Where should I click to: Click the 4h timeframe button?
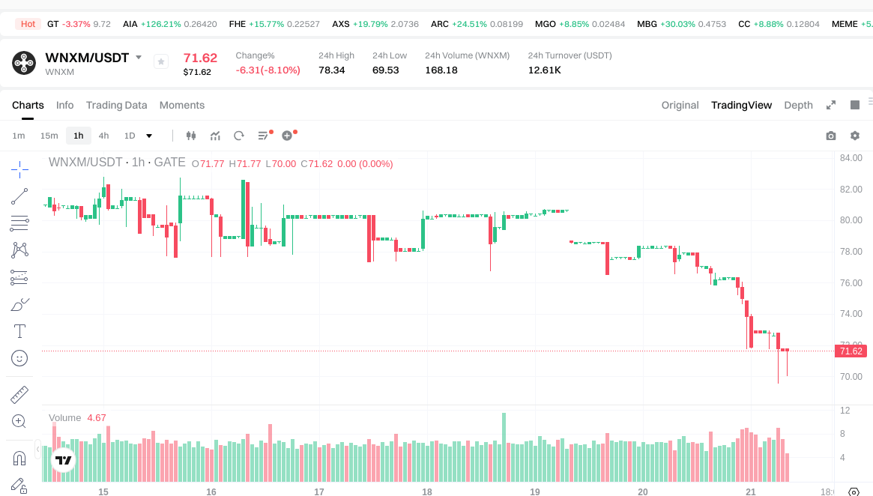[103, 136]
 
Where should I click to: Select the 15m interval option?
[49, 136]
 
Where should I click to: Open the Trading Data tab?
[116, 105]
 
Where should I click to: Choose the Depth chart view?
[798, 105]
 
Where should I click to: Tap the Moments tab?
[182, 105]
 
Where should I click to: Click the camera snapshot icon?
[830, 136]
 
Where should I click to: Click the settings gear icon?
[855, 136]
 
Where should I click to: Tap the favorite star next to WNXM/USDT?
[161, 61]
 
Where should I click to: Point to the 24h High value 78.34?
[331, 70]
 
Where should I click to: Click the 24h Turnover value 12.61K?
[545, 70]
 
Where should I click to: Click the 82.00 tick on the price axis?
[851, 189]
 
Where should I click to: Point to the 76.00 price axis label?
[851, 282]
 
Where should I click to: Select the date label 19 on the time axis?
[535, 492]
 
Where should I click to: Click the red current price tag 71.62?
[851, 351]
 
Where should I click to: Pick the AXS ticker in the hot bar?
[341, 24]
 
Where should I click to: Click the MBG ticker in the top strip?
[647, 24]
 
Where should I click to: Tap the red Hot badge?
[28, 24]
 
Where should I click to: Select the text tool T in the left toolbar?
[19, 331]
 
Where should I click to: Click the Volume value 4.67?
[97, 417]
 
